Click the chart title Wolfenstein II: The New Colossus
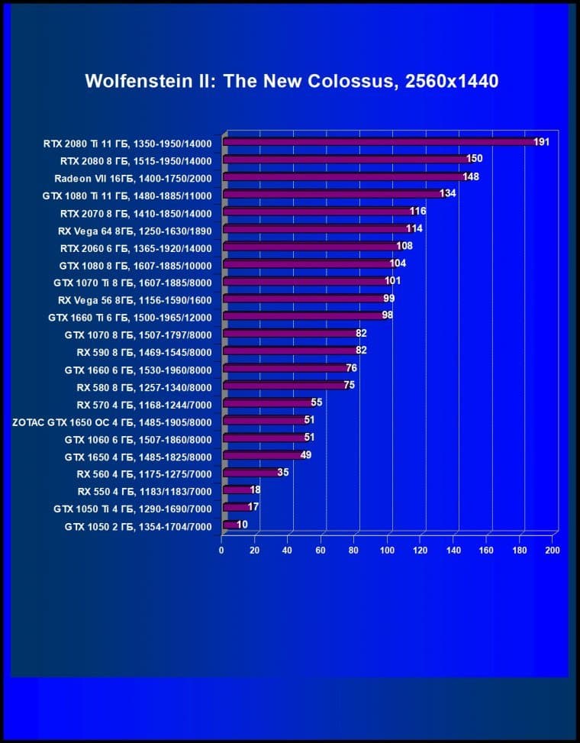292,81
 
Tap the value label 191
541,142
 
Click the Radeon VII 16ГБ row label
133,178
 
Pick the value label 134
447,194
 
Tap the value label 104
398,263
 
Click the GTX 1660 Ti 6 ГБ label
130,317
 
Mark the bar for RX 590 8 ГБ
290,351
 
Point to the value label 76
351,368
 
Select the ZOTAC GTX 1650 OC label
112,422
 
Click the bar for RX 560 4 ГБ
251,473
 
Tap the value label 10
242,525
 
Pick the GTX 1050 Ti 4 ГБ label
133,509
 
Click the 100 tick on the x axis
387,550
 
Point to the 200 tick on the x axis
553,550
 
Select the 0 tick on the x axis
222,550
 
